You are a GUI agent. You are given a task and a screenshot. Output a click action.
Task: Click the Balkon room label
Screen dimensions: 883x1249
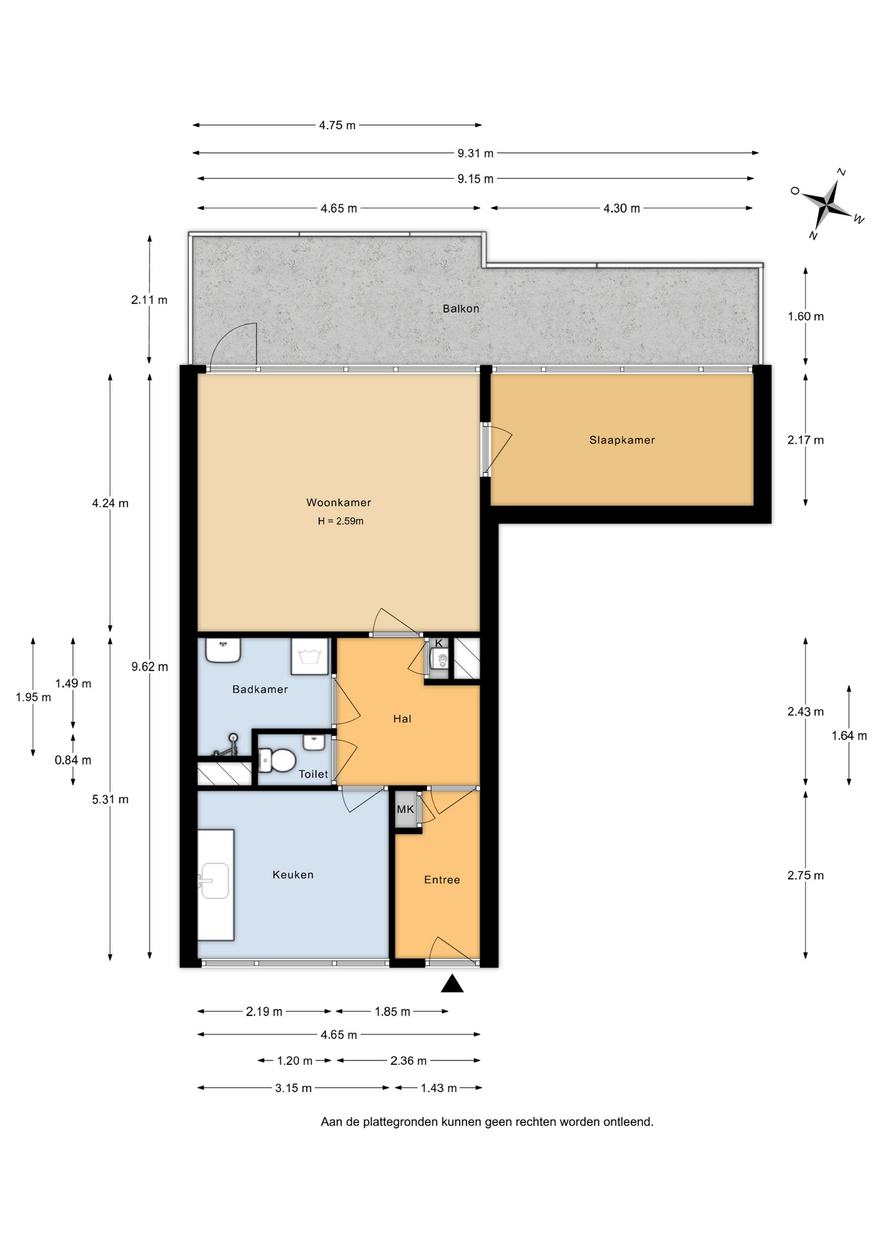[460, 308]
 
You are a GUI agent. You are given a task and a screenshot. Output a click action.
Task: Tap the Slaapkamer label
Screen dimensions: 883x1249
[622, 440]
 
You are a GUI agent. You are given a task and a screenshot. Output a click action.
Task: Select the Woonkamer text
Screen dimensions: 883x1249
[339, 502]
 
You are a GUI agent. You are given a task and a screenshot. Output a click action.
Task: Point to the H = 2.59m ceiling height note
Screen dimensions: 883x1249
[340, 521]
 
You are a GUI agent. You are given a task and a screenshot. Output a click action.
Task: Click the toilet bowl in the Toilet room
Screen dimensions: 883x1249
[278, 760]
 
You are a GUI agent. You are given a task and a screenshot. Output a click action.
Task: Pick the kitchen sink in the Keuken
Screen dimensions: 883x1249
[214, 881]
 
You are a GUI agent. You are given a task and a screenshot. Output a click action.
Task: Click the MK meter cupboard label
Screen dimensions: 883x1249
[405, 809]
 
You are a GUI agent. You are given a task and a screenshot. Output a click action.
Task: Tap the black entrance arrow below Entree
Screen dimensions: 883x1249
[452, 984]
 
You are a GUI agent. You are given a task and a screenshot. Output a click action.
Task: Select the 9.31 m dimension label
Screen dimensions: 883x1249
[475, 154]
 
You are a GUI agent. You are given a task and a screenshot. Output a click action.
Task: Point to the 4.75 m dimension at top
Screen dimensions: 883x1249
[337, 125]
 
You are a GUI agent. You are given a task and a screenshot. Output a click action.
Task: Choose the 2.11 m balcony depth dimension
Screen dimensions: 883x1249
[150, 300]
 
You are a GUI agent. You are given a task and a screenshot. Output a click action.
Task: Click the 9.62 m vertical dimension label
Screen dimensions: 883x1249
[150, 667]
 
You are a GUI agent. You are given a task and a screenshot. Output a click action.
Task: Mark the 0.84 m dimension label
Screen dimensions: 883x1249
[73, 760]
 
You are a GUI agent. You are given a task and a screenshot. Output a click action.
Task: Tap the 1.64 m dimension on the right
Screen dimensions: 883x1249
[849, 736]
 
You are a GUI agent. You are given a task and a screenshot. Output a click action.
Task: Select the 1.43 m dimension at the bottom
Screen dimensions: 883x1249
[438, 1088]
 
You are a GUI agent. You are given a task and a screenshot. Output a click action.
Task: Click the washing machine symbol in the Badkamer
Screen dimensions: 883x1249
[310, 656]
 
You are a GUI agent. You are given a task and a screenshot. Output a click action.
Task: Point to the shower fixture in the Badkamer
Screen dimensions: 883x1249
[227, 745]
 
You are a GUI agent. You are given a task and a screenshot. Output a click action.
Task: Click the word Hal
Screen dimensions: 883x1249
[402, 719]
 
